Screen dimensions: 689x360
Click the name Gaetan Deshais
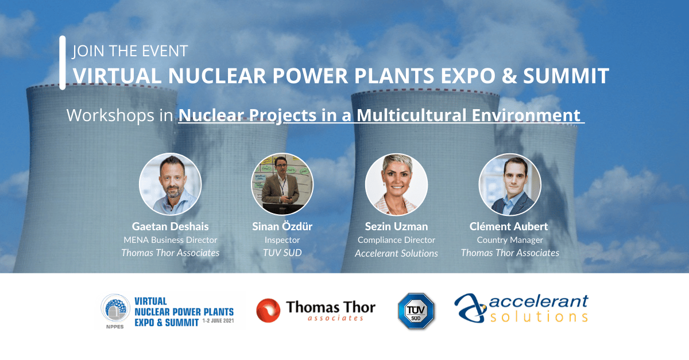(x=170, y=226)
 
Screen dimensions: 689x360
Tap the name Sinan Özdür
(x=282, y=226)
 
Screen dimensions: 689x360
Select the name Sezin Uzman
(x=396, y=226)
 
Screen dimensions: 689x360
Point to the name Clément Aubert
(x=509, y=226)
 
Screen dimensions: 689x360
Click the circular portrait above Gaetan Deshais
(x=170, y=184)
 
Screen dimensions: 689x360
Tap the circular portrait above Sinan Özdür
(x=282, y=184)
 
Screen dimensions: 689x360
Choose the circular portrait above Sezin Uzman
(x=396, y=184)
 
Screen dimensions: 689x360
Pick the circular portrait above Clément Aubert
(x=510, y=184)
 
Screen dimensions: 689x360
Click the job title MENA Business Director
(x=170, y=240)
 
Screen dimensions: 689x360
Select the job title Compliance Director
(x=396, y=240)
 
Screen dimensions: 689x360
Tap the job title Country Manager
(x=510, y=240)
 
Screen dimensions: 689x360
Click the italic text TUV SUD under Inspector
(x=282, y=253)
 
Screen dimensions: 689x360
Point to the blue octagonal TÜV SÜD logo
(x=416, y=311)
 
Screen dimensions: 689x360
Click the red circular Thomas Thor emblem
(x=268, y=311)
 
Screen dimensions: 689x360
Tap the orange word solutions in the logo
(x=539, y=316)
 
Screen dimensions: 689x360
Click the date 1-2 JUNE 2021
(x=218, y=321)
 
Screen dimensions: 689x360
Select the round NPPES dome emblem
(x=115, y=308)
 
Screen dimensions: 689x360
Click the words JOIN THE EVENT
(x=130, y=51)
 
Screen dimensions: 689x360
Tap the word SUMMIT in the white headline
(x=566, y=76)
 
